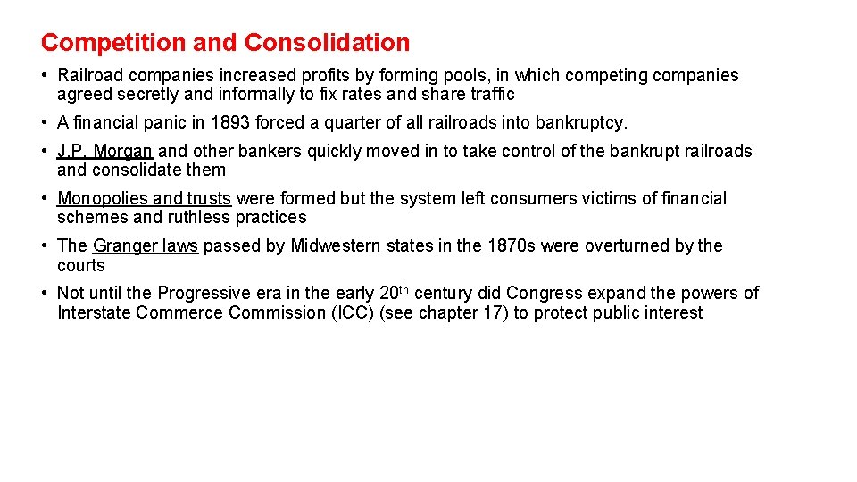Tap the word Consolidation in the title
click(327, 42)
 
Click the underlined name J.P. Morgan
click(104, 152)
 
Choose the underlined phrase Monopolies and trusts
click(144, 198)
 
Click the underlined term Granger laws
click(145, 245)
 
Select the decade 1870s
click(511, 245)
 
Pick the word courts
click(80, 265)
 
